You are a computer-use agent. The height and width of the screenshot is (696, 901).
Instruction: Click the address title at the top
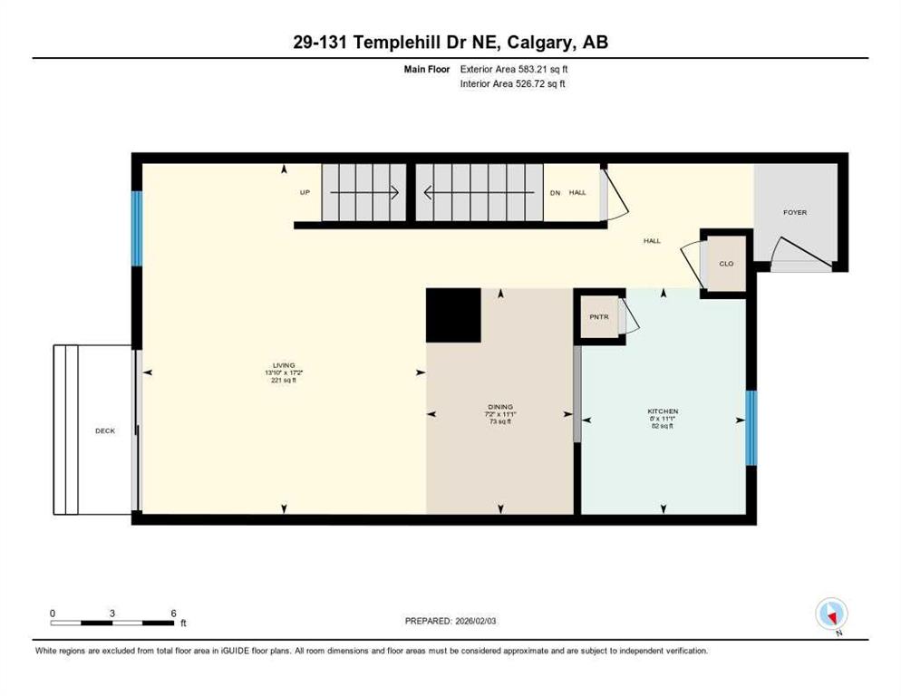point(450,43)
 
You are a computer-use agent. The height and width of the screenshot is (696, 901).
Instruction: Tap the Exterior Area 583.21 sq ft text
point(514,69)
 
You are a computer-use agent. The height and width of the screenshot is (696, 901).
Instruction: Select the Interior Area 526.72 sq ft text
point(513,83)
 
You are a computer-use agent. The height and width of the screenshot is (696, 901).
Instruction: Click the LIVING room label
point(280,365)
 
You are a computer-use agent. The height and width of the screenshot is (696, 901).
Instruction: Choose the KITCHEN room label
point(663,411)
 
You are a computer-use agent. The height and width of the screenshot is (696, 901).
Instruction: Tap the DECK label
point(105,430)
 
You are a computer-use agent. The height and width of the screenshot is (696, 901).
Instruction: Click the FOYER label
point(795,212)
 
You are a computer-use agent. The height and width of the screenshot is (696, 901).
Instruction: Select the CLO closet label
point(726,264)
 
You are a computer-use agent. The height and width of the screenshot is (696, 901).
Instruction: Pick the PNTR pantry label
point(598,316)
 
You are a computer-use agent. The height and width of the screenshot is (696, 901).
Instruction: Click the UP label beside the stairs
point(305,192)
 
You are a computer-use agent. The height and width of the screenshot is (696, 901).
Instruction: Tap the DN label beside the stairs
point(556,192)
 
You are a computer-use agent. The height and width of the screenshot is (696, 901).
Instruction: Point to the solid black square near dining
point(453,315)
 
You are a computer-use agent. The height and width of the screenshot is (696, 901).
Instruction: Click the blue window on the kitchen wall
point(751,428)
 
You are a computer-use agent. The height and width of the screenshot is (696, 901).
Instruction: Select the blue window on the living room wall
point(137,228)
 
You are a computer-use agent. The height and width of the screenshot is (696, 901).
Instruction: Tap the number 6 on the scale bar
point(173,613)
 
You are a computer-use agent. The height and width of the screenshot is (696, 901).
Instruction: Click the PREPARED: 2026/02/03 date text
point(451,621)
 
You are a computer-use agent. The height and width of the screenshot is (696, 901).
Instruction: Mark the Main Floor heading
point(427,69)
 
